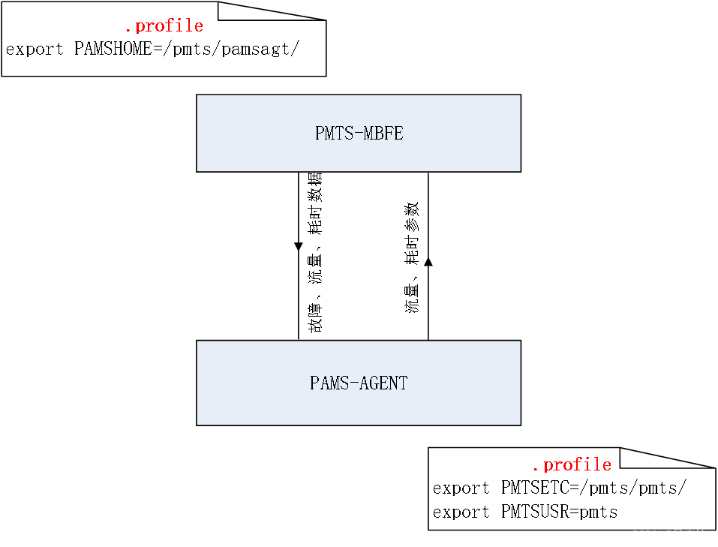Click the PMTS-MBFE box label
[359, 134]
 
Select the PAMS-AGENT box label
[359, 383]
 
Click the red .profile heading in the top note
[164, 26]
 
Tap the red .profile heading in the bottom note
[572, 464]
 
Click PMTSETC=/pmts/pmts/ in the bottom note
[593, 488]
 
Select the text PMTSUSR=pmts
[559, 512]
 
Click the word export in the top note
[35, 50]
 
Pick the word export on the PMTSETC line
[461, 488]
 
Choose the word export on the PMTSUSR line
[461, 512]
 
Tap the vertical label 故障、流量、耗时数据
[314, 253]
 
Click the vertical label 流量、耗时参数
[412, 257]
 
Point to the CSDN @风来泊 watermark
[669, 535]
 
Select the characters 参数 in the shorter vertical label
[412, 215]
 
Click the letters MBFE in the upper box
[384, 134]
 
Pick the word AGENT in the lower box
[383, 383]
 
